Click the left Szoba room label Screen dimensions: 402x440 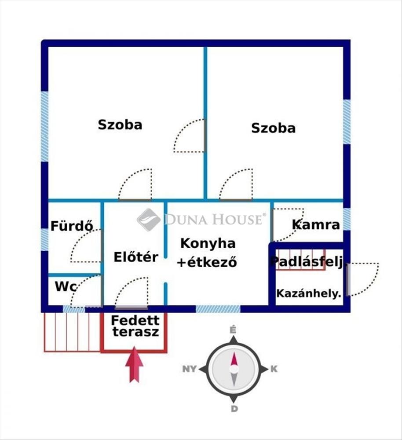click(120, 125)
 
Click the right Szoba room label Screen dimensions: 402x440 click(273, 128)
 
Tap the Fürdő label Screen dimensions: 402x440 click(72, 226)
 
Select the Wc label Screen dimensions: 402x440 click(66, 286)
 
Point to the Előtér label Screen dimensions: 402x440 click(136, 257)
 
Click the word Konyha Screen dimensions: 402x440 click(208, 244)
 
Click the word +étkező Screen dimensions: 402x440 click(207, 262)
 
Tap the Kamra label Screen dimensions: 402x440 click(316, 224)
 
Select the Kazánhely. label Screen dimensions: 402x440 click(309, 293)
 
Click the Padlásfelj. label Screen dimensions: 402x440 click(307, 261)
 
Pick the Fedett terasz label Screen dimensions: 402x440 click(135, 326)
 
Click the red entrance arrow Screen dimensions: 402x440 click(134, 364)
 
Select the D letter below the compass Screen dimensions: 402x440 click(234, 409)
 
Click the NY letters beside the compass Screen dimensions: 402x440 click(190, 369)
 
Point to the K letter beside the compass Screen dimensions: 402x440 click(274, 369)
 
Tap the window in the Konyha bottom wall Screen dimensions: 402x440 click(218, 309)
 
